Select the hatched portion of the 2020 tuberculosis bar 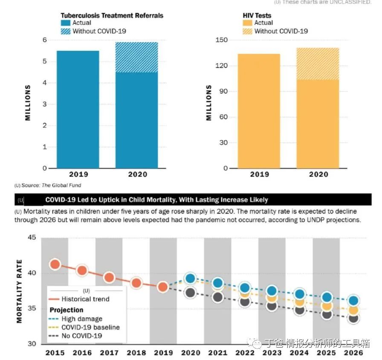[136, 57]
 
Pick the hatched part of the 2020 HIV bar [318, 64]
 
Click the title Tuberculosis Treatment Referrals [112, 16]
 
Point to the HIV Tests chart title [257, 16]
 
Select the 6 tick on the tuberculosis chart [44, 40]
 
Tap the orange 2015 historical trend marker [55, 264]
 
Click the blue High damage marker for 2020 [190, 279]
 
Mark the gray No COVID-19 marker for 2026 [353, 318]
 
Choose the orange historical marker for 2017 [109, 277]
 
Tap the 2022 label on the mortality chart [245, 353]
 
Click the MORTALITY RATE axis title [19, 291]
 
